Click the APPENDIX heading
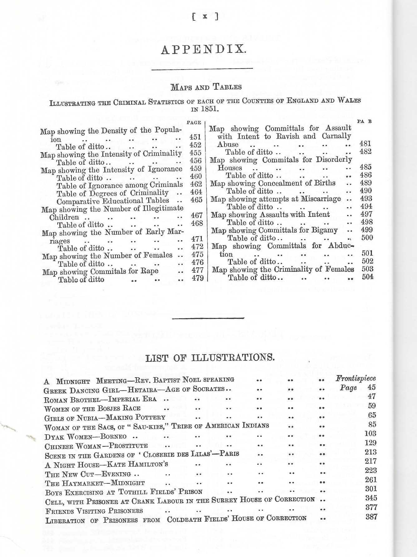tap(204, 50)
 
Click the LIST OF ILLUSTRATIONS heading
tap(210, 358)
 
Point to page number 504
tap(367, 277)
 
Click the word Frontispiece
tap(356, 379)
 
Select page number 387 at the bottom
tap(371, 517)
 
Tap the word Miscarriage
tap(321, 199)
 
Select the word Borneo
tap(114, 436)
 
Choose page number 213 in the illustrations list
tap(370, 452)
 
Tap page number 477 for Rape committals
tap(197, 270)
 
